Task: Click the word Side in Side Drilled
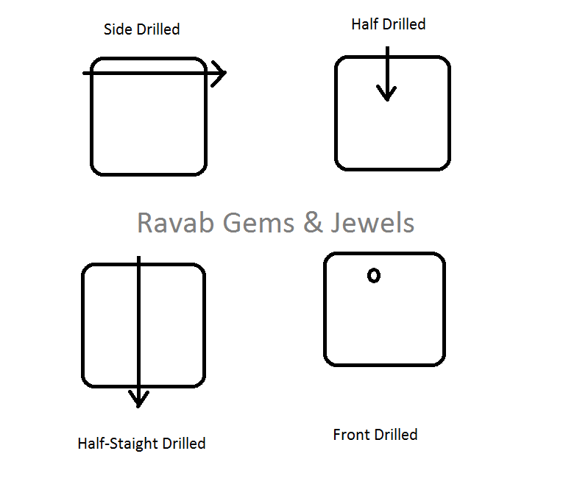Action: pos(118,29)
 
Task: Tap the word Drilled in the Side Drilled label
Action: pos(158,30)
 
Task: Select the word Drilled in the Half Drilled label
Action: pos(405,24)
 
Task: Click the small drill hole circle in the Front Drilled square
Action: pos(374,276)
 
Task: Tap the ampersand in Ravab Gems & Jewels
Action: pos(313,222)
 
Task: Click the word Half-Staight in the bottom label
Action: pos(118,444)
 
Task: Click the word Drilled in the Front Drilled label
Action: pos(397,435)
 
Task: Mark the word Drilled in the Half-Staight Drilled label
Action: pos(184,444)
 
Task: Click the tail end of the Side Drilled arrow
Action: pos(85,74)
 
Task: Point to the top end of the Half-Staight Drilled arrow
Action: pos(138,257)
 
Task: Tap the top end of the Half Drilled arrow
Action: pos(386,49)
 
